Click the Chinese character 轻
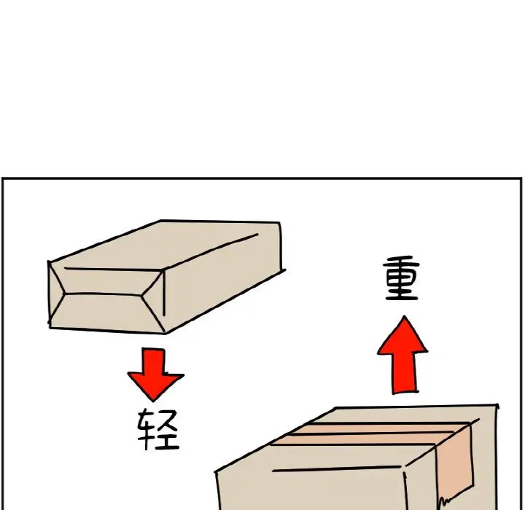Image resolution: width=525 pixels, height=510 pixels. click(x=158, y=429)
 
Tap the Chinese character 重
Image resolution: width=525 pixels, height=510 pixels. click(x=402, y=278)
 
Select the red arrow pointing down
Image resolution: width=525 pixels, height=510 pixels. click(x=155, y=374)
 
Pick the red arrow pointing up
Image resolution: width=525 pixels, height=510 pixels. click(x=403, y=355)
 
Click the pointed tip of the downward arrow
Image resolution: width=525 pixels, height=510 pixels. click(x=154, y=401)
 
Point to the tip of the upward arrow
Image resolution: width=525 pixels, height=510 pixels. click(x=405, y=316)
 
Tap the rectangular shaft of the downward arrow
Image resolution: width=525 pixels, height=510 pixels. click(x=153, y=361)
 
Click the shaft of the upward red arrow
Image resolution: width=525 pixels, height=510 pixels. click(x=405, y=372)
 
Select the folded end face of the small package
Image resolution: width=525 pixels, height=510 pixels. click(x=106, y=297)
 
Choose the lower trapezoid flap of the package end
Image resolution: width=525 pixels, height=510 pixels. click(x=106, y=313)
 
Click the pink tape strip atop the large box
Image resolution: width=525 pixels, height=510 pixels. click(x=370, y=433)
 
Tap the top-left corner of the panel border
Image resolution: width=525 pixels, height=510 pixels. click(x=3, y=178)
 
